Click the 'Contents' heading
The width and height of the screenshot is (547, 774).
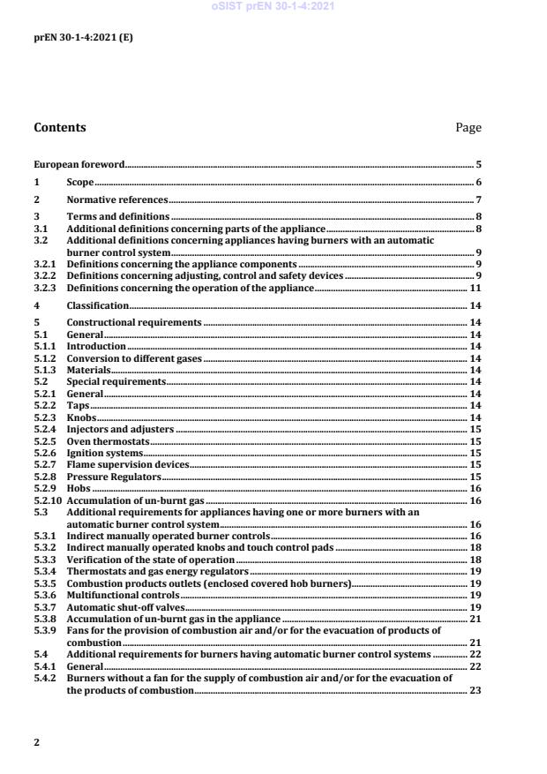(x=60, y=127)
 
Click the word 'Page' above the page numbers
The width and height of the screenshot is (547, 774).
(x=468, y=128)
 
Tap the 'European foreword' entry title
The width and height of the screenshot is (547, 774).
(x=79, y=164)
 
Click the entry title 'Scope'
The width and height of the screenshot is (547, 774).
(x=80, y=182)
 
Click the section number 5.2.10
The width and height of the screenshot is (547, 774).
(x=48, y=500)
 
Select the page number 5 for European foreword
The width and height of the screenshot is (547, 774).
(x=478, y=164)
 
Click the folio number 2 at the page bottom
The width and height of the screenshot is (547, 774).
(x=36, y=742)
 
